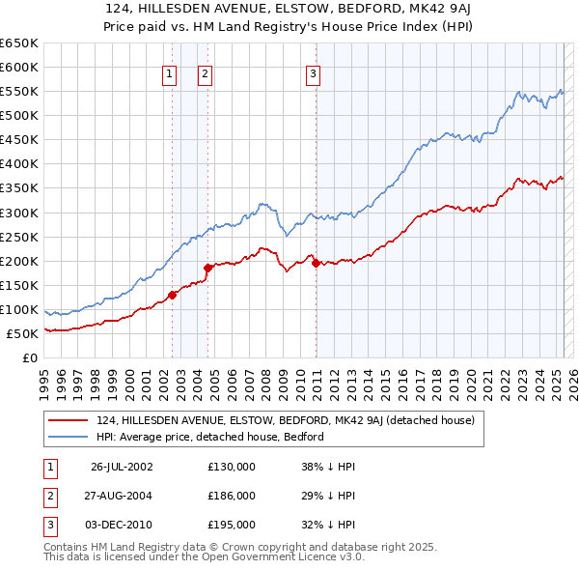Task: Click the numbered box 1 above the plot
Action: point(170,72)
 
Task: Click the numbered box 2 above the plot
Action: point(206,72)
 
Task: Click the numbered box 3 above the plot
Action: point(315,72)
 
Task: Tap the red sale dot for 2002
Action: point(173,295)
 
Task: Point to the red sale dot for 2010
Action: point(317,263)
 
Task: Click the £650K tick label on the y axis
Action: point(18,43)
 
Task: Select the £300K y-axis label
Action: point(18,213)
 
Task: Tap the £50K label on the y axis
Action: point(22,333)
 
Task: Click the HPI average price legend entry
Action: point(209,437)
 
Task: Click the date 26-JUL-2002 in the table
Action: point(122,467)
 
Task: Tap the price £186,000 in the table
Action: point(232,496)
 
